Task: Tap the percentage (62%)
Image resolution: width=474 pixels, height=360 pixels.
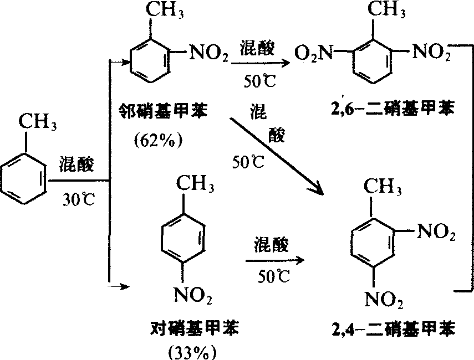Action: coord(158,140)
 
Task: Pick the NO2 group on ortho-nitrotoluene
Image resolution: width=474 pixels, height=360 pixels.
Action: coord(209,54)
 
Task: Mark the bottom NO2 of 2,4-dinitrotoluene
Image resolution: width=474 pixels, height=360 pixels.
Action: coord(383,301)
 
